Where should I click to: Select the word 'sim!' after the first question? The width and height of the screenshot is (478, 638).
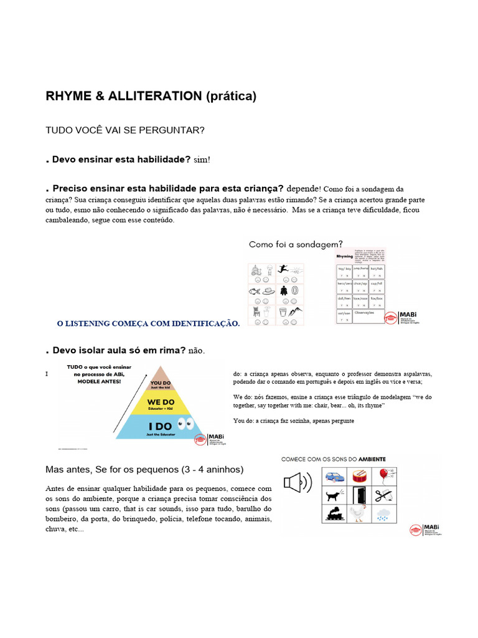[202, 160]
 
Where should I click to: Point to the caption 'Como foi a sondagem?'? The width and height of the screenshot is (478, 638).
[296, 244]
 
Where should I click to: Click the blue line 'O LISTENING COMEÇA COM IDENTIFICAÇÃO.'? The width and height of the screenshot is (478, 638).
[148, 323]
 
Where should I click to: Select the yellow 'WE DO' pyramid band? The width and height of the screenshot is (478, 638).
[161, 404]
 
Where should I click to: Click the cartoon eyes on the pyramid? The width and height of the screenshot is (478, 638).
[185, 425]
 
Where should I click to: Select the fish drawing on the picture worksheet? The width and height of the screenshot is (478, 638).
[255, 290]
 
